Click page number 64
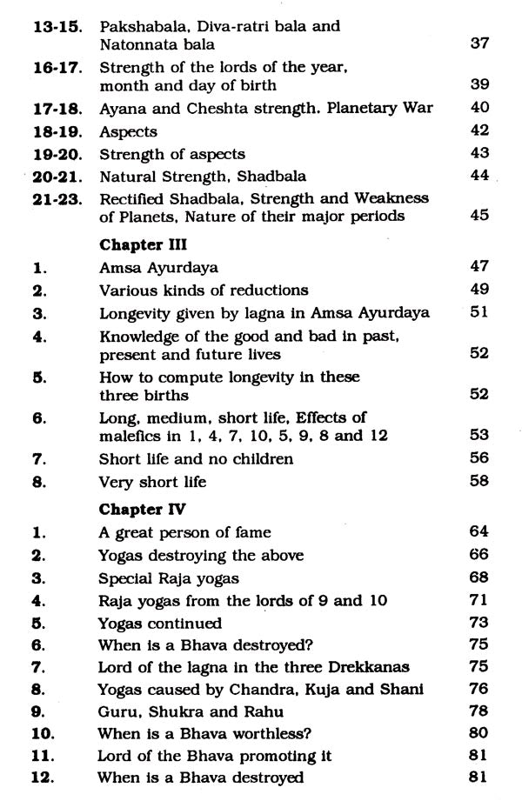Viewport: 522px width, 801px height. [x=479, y=532]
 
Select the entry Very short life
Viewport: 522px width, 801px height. [x=152, y=481]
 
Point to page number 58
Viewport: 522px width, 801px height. [x=479, y=481]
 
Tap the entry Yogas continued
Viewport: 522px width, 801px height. [x=160, y=624]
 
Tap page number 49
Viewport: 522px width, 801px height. [x=479, y=290]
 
